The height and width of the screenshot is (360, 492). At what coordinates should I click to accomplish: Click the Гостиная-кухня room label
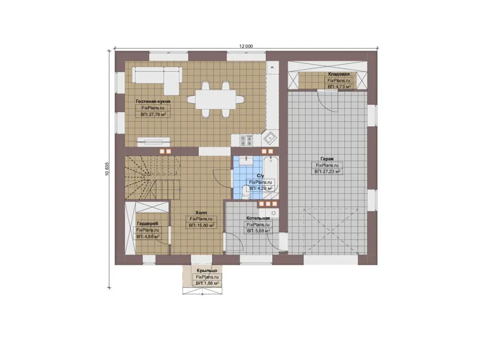153,102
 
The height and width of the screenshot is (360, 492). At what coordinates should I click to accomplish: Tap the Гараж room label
327,158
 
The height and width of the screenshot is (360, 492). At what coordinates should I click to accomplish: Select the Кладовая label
339,74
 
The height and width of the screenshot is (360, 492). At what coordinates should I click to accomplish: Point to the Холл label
201,213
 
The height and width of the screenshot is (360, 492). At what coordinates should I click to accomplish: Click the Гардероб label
148,223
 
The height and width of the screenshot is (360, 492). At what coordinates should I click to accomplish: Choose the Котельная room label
258,218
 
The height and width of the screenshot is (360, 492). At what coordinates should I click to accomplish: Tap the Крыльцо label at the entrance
207,270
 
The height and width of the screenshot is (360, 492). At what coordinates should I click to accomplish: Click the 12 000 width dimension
246,46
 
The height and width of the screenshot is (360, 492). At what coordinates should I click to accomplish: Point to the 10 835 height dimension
107,169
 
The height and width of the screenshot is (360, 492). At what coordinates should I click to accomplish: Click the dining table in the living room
215,99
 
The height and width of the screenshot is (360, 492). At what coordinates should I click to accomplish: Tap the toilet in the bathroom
246,192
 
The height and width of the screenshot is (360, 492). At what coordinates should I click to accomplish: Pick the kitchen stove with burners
247,140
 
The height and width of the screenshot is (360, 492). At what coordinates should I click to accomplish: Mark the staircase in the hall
153,177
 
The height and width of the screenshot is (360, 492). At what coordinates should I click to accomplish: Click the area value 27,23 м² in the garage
328,172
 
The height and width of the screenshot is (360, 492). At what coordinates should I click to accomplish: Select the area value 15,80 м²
201,226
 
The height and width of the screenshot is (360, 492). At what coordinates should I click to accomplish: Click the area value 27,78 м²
153,115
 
